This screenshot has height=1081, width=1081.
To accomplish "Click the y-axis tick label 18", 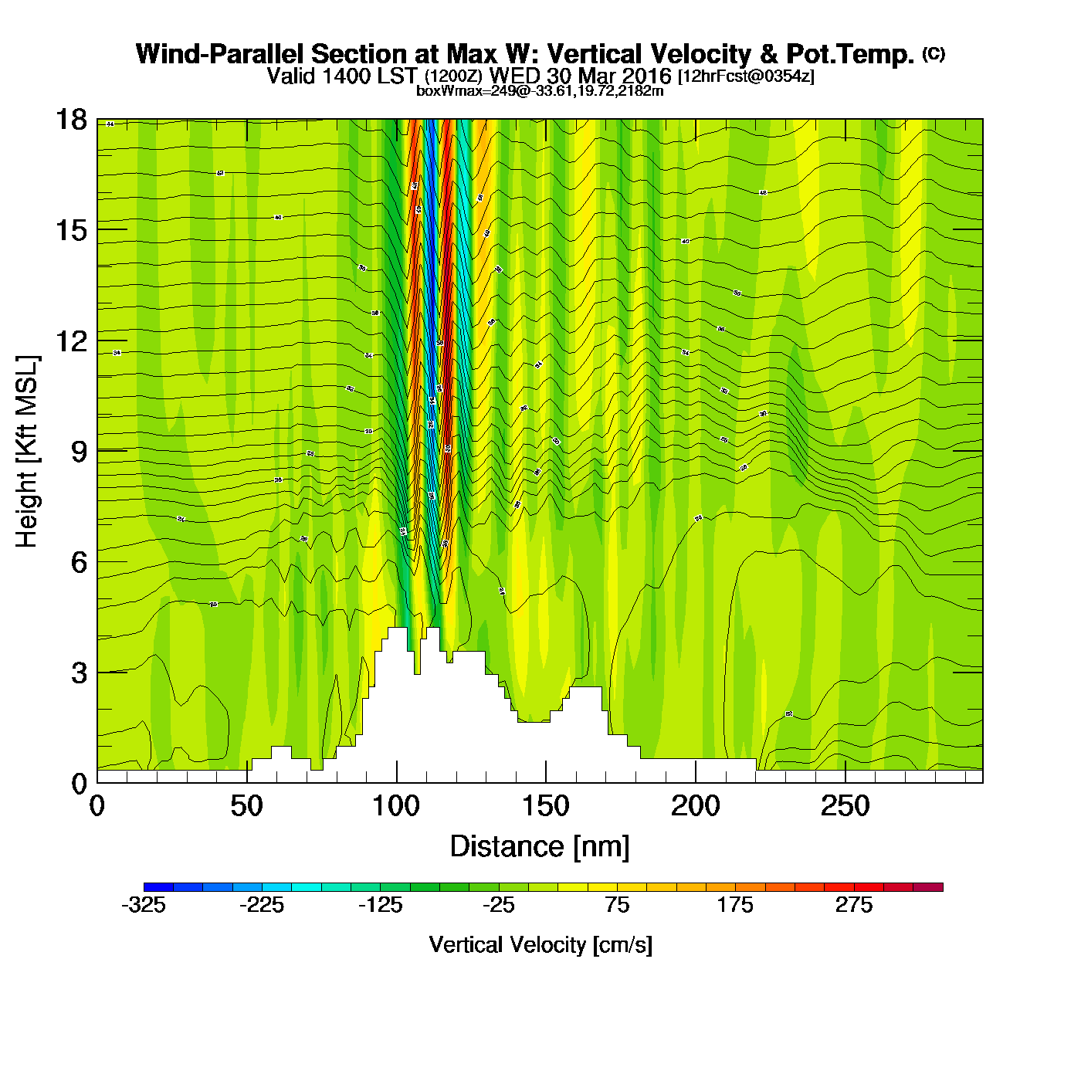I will pos(70,120).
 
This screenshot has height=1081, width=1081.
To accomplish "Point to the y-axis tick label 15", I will pos(70,230).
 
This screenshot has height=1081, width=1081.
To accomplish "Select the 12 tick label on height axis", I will pos(70,341).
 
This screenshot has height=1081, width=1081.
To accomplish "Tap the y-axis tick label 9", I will pos(79,452).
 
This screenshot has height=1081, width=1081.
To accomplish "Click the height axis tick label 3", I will pos(79,673).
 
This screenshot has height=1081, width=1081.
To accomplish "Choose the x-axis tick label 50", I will pos(246,807).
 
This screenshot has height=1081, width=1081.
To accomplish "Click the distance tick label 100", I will pos(396,807).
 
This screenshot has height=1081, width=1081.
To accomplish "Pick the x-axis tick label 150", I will pos(546,807).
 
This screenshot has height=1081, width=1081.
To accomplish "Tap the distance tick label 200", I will pos(696,807).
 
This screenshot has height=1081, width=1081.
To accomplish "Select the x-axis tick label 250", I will pos(845,807).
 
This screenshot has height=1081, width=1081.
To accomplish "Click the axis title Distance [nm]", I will pos(540,847).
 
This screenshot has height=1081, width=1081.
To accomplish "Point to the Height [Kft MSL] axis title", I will pos(27,452).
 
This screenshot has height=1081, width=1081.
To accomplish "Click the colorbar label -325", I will pos(144,905).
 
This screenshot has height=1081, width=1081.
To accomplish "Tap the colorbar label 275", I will pos(853,905).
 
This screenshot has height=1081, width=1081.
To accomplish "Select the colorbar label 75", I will pos(617,905).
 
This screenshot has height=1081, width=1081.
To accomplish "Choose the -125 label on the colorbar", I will pos(380,905).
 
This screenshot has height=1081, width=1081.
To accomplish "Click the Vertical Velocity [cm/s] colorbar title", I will pos(540,944).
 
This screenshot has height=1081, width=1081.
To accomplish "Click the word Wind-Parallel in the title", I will pos(221,54).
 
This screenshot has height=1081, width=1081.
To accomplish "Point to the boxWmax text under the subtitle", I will pos(540,91).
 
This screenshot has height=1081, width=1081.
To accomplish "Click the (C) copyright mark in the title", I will pos(933,53).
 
